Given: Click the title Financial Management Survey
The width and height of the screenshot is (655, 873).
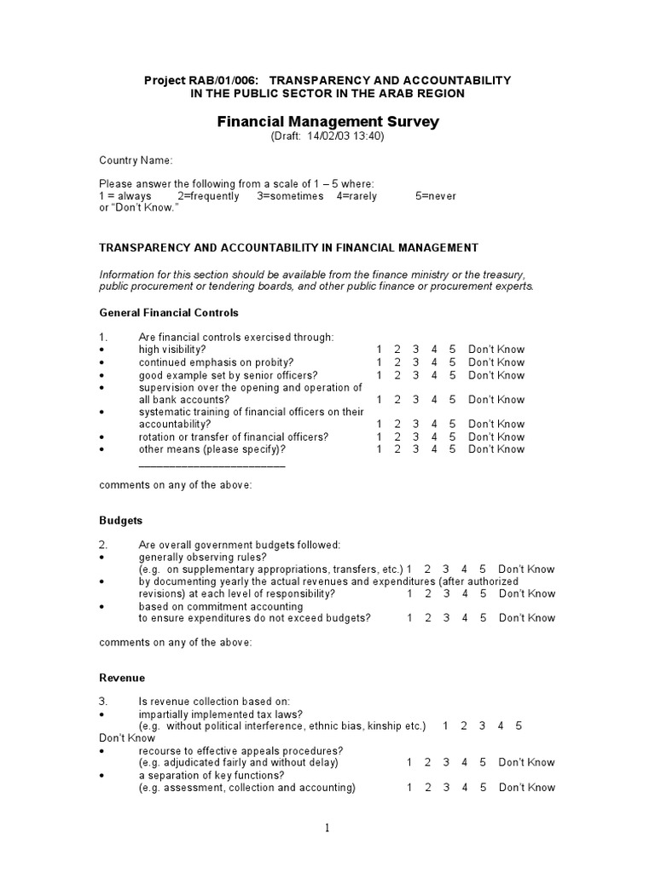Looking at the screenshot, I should click(x=327, y=121).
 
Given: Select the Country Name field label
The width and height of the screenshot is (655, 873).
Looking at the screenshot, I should click(x=136, y=159).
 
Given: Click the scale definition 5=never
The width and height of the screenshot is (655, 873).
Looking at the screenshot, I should click(x=436, y=196).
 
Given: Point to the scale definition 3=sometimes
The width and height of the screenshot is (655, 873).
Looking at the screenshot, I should click(x=290, y=196).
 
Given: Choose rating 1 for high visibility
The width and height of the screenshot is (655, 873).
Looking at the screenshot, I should click(x=379, y=350).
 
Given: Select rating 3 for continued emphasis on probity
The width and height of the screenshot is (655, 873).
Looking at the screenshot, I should click(x=415, y=362).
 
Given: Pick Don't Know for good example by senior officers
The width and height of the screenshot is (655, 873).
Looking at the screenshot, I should click(x=496, y=375).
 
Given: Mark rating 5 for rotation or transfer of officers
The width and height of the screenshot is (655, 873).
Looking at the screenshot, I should click(x=453, y=436).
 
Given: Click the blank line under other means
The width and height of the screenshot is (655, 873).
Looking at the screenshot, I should click(x=212, y=465).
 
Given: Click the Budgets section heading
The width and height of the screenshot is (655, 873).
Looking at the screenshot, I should click(x=120, y=520).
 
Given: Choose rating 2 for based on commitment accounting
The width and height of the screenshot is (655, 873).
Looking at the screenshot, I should click(x=428, y=618).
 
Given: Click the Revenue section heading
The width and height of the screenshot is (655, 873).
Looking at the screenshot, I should click(x=122, y=678).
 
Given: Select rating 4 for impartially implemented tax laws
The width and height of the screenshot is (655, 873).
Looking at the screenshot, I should click(x=501, y=726).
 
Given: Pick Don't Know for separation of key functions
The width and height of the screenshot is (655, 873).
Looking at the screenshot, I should click(x=526, y=788).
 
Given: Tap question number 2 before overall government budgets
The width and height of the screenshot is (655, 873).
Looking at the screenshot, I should click(x=103, y=545).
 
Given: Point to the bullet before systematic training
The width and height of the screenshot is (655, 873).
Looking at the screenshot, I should click(x=102, y=412).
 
